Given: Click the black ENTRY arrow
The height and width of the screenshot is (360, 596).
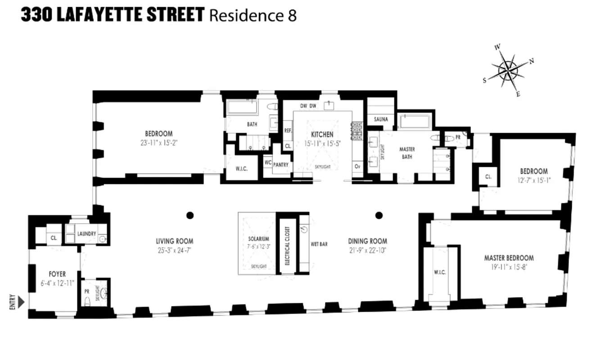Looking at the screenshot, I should (x=21, y=300).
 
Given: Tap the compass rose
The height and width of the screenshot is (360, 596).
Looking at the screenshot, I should (x=508, y=71).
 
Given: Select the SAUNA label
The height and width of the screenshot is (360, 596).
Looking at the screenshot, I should (x=380, y=119).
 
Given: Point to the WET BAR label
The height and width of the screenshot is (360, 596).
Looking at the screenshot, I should (x=319, y=244).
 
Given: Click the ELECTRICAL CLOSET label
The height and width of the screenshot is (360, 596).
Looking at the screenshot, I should (x=287, y=246).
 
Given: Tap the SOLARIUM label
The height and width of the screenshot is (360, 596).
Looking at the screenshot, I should (x=258, y=239).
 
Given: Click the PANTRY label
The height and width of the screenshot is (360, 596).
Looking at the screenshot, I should (x=280, y=165).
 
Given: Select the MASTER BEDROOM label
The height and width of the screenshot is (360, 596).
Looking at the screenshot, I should (x=509, y=258).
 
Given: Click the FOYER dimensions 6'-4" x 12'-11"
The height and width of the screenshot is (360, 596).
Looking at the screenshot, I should (x=57, y=283).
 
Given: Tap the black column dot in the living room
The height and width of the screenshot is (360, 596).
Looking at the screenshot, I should (x=190, y=215).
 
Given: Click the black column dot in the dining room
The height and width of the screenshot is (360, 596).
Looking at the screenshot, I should (x=379, y=215).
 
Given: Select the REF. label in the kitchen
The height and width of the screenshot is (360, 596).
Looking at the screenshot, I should (x=288, y=130).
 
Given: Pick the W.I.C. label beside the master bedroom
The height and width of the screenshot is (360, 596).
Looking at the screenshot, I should (x=440, y=272).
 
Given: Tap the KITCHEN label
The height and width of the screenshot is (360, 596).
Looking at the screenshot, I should (x=322, y=134).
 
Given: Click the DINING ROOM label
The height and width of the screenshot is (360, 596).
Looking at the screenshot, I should (x=367, y=241).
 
